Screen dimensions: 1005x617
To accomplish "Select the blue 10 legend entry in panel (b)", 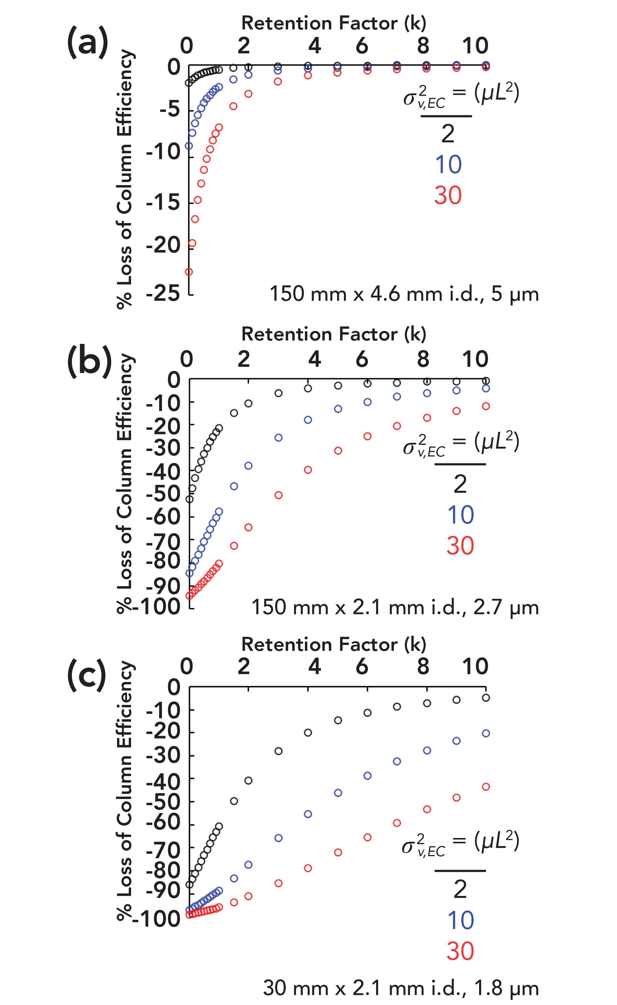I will [460, 515].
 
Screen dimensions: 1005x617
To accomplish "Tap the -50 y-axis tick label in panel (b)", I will [163, 494].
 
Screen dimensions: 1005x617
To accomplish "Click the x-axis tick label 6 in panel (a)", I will [362, 46].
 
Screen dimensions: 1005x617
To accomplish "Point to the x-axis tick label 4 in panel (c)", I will [314, 667].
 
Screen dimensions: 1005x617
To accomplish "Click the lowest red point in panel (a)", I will [189, 272].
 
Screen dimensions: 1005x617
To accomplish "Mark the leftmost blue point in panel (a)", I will [189, 146].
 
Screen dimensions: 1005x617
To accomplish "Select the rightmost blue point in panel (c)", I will [486, 733].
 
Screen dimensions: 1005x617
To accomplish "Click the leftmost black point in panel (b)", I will [189, 499].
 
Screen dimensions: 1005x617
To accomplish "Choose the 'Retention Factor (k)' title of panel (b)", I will [334, 334].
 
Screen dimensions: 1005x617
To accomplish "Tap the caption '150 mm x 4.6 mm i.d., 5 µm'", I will [404, 294].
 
